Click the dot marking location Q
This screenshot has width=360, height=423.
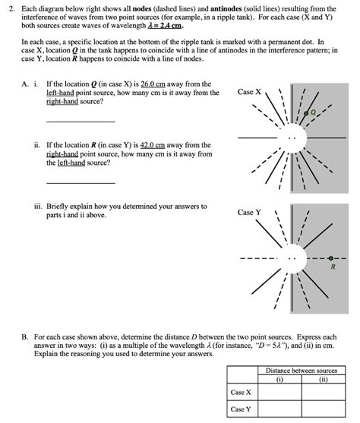(x=306, y=113)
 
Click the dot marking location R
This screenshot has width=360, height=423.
(x=331, y=258)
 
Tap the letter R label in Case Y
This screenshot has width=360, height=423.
(x=333, y=267)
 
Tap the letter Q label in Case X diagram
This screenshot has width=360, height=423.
(x=313, y=112)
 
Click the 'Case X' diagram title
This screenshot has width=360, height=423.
(x=249, y=92)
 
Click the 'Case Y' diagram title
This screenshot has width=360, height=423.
(x=249, y=213)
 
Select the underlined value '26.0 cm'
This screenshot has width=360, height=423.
(x=153, y=84)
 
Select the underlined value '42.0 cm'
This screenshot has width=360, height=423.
(x=153, y=145)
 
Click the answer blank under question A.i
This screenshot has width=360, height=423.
(x=81, y=122)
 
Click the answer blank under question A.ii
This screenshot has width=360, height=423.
(x=81, y=183)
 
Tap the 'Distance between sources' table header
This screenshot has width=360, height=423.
(x=302, y=371)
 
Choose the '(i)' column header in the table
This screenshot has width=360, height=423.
(x=279, y=379)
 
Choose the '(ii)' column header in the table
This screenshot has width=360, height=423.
(x=324, y=379)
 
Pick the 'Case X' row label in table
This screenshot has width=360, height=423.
(x=241, y=392)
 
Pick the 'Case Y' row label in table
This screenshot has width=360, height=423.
(x=241, y=409)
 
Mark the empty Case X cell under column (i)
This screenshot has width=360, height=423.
(x=279, y=392)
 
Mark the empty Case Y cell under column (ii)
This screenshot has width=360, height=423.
(x=324, y=409)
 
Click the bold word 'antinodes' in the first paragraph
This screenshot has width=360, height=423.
(x=226, y=9)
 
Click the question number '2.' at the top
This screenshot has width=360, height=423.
(x=11, y=9)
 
